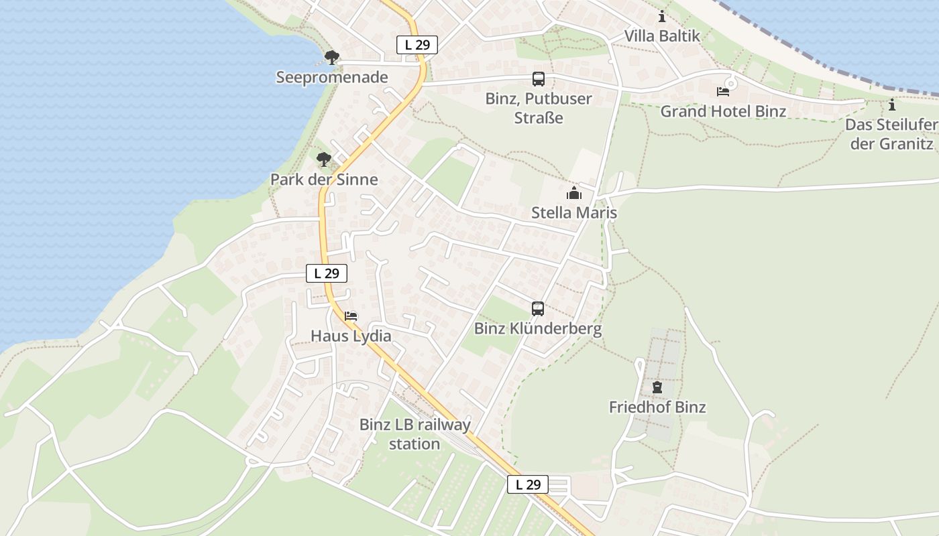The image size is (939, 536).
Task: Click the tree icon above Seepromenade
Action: pos(331,58)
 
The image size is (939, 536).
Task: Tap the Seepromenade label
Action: pos(332,77)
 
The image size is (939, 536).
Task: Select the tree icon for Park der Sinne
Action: pos(324,159)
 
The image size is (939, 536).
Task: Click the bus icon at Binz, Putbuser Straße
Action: pos(539,79)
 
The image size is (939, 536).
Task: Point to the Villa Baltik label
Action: pos(662,36)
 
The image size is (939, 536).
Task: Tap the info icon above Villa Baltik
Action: pos(662,17)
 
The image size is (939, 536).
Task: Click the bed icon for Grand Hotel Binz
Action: pos(723,92)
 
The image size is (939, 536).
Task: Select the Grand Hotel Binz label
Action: pos(723,111)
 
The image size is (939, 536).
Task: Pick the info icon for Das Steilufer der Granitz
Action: pos(891,105)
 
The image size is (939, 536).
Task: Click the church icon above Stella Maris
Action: pos(574,194)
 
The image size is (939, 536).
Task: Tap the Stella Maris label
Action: pos(574,213)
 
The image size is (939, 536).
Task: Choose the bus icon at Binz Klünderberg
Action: pos(538,309)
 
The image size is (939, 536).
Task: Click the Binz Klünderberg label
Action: pos(538,329)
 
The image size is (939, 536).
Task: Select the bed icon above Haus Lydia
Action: pos(351,316)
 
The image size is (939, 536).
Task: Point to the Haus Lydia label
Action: pos(351,336)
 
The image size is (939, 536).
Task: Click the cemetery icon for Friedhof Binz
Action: pos(657,387)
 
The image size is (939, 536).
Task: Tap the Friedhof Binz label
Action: pos(657,407)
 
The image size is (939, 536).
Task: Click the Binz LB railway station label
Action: pos(415,433)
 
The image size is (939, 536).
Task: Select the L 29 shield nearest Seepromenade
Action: pos(417,45)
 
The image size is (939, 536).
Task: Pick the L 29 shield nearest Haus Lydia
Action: pos(327,273)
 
